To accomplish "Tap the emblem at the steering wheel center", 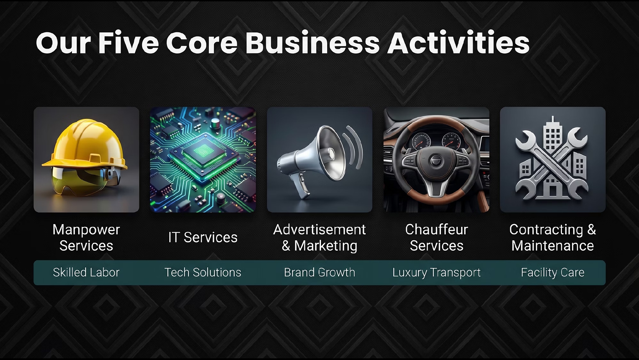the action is pyautogui.click(x=436, y=160).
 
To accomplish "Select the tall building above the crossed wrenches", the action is pyautogui.click(x=552, y=136).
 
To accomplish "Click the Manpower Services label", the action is pyautogui.click(x=86, y=237).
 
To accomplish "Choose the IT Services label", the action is pyautogui.click(x=203, y=237).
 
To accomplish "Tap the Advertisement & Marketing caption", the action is pyautogui.click(x=320, y=237).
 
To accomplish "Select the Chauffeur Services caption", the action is pyautogui.click(x=437, y=237).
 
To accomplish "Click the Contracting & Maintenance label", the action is pyautogui.click(x=552, y=237).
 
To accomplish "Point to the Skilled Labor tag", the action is pyautogui.click(x=86, y=272).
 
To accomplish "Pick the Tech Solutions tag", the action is pyautogui.click(x=203, y=272).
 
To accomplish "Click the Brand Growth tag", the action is pyautogui.click(x=320, y=272).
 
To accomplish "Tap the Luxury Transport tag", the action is pyautogui.click(x=437, y=273).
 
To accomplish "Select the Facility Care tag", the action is pyautogui.click(x=552, y=273).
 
